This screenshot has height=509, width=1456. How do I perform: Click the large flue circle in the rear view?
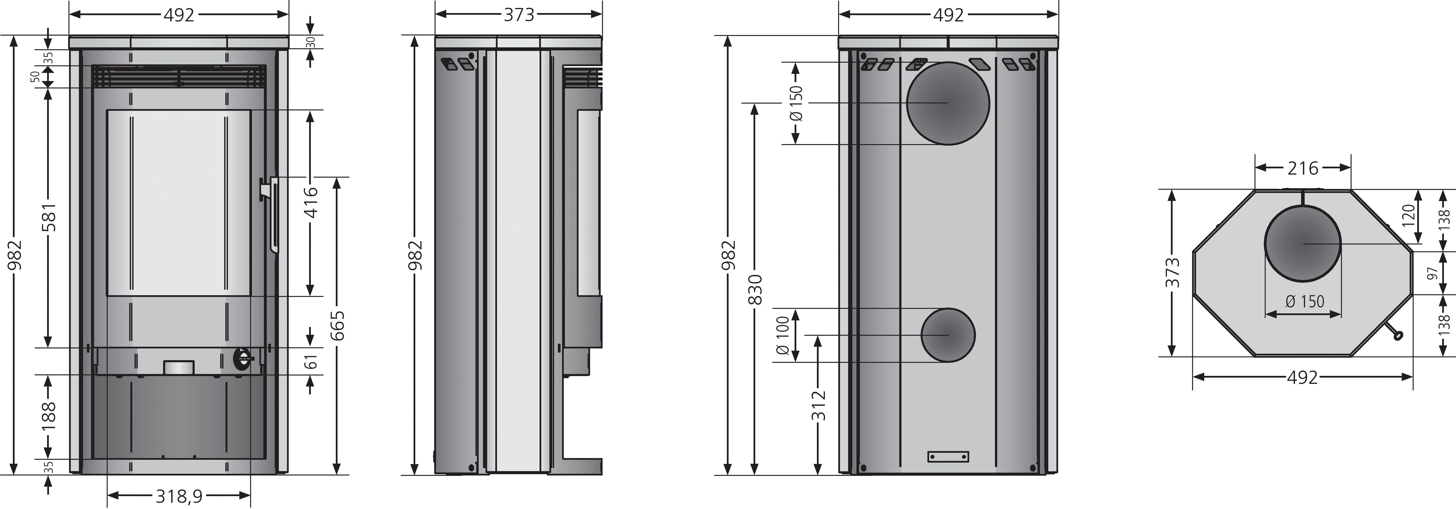click(x=948, y=103)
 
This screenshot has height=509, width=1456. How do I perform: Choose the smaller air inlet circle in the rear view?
click(x=948, y=335)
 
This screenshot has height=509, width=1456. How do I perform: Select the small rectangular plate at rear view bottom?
click(x=948, y=456)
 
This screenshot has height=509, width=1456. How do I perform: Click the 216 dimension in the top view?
click(x=1303, y=168)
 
